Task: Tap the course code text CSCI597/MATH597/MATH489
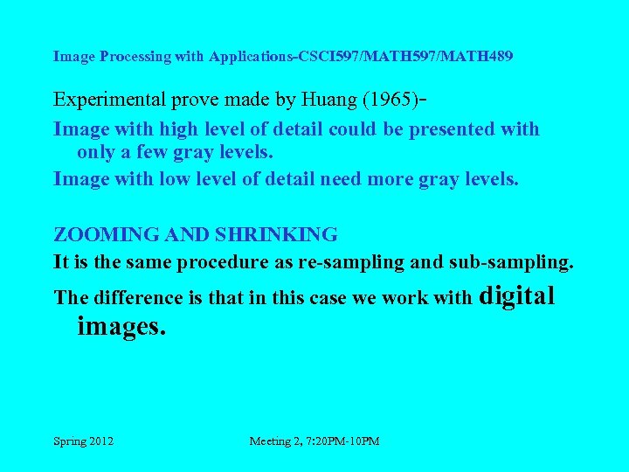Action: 405,57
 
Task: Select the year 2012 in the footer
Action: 102,441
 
